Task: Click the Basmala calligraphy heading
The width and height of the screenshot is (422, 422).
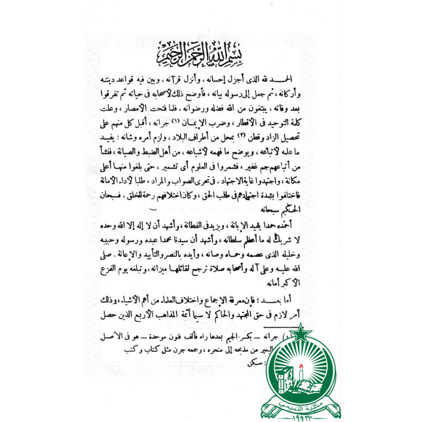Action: point(200,58)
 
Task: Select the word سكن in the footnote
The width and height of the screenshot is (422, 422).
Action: point(254,363)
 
